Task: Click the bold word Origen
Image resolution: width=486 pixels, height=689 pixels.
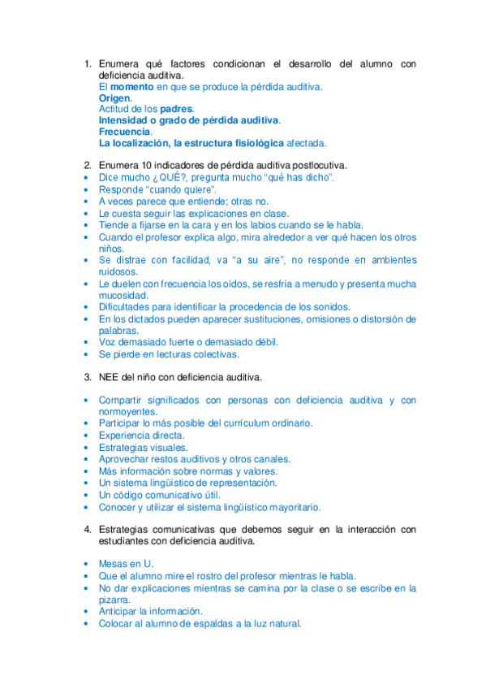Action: [114, 97]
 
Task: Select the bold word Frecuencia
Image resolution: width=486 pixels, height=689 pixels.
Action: [124, 131]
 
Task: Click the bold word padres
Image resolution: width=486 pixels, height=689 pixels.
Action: [176, 108]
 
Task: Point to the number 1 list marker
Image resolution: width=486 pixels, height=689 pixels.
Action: [88, 63]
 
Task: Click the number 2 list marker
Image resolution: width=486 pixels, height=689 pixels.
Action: [88, 166]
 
